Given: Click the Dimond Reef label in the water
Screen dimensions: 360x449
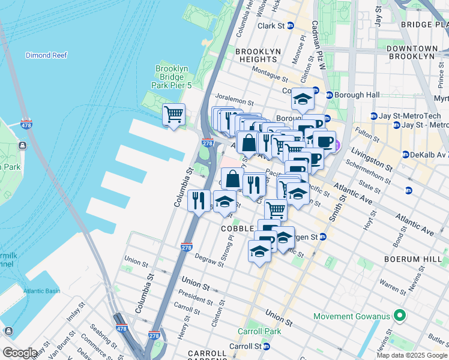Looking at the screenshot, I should coord(45,55).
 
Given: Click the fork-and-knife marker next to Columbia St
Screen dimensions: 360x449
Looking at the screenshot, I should coord(199,200).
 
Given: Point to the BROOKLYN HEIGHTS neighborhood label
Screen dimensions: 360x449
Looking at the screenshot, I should coord(258,56).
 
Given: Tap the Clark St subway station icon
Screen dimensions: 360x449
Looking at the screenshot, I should coord(291,26).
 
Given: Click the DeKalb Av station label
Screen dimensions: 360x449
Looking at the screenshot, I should coord(429,154).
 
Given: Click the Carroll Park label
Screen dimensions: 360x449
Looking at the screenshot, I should coord(259,331).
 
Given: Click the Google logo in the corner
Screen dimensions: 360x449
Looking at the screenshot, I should coord(20,352).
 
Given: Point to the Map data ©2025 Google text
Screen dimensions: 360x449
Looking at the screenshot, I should coord(412,355).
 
